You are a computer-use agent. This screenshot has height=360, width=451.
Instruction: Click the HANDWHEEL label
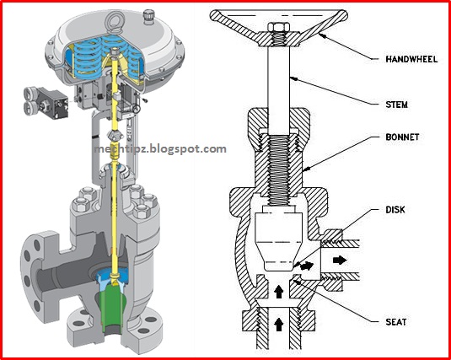tap(411, 59)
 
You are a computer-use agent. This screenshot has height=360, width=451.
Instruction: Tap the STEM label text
tap(396, 105)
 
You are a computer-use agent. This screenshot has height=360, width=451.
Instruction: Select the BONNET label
tap(402, 137)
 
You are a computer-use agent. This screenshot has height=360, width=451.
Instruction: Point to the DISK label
tap(395, 209)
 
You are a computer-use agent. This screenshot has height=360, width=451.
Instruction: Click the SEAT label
tap(395, 322)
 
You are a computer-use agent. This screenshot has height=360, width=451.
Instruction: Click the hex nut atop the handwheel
tap(279, 27)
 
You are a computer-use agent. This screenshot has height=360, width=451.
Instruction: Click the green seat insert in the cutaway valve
tap(113, 305)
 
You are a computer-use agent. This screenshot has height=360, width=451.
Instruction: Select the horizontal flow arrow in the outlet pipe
tap(340, 261)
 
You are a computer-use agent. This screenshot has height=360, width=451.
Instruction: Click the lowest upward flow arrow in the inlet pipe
tap(278, 325)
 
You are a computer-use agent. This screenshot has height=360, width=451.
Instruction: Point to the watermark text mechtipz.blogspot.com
tap(160, 149)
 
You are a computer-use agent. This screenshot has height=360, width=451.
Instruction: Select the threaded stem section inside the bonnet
tap(278, 170)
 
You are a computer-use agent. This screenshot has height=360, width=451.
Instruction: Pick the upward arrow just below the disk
tap(278, 292)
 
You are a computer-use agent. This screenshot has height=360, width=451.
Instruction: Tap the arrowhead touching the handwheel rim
tap(322, 36)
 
